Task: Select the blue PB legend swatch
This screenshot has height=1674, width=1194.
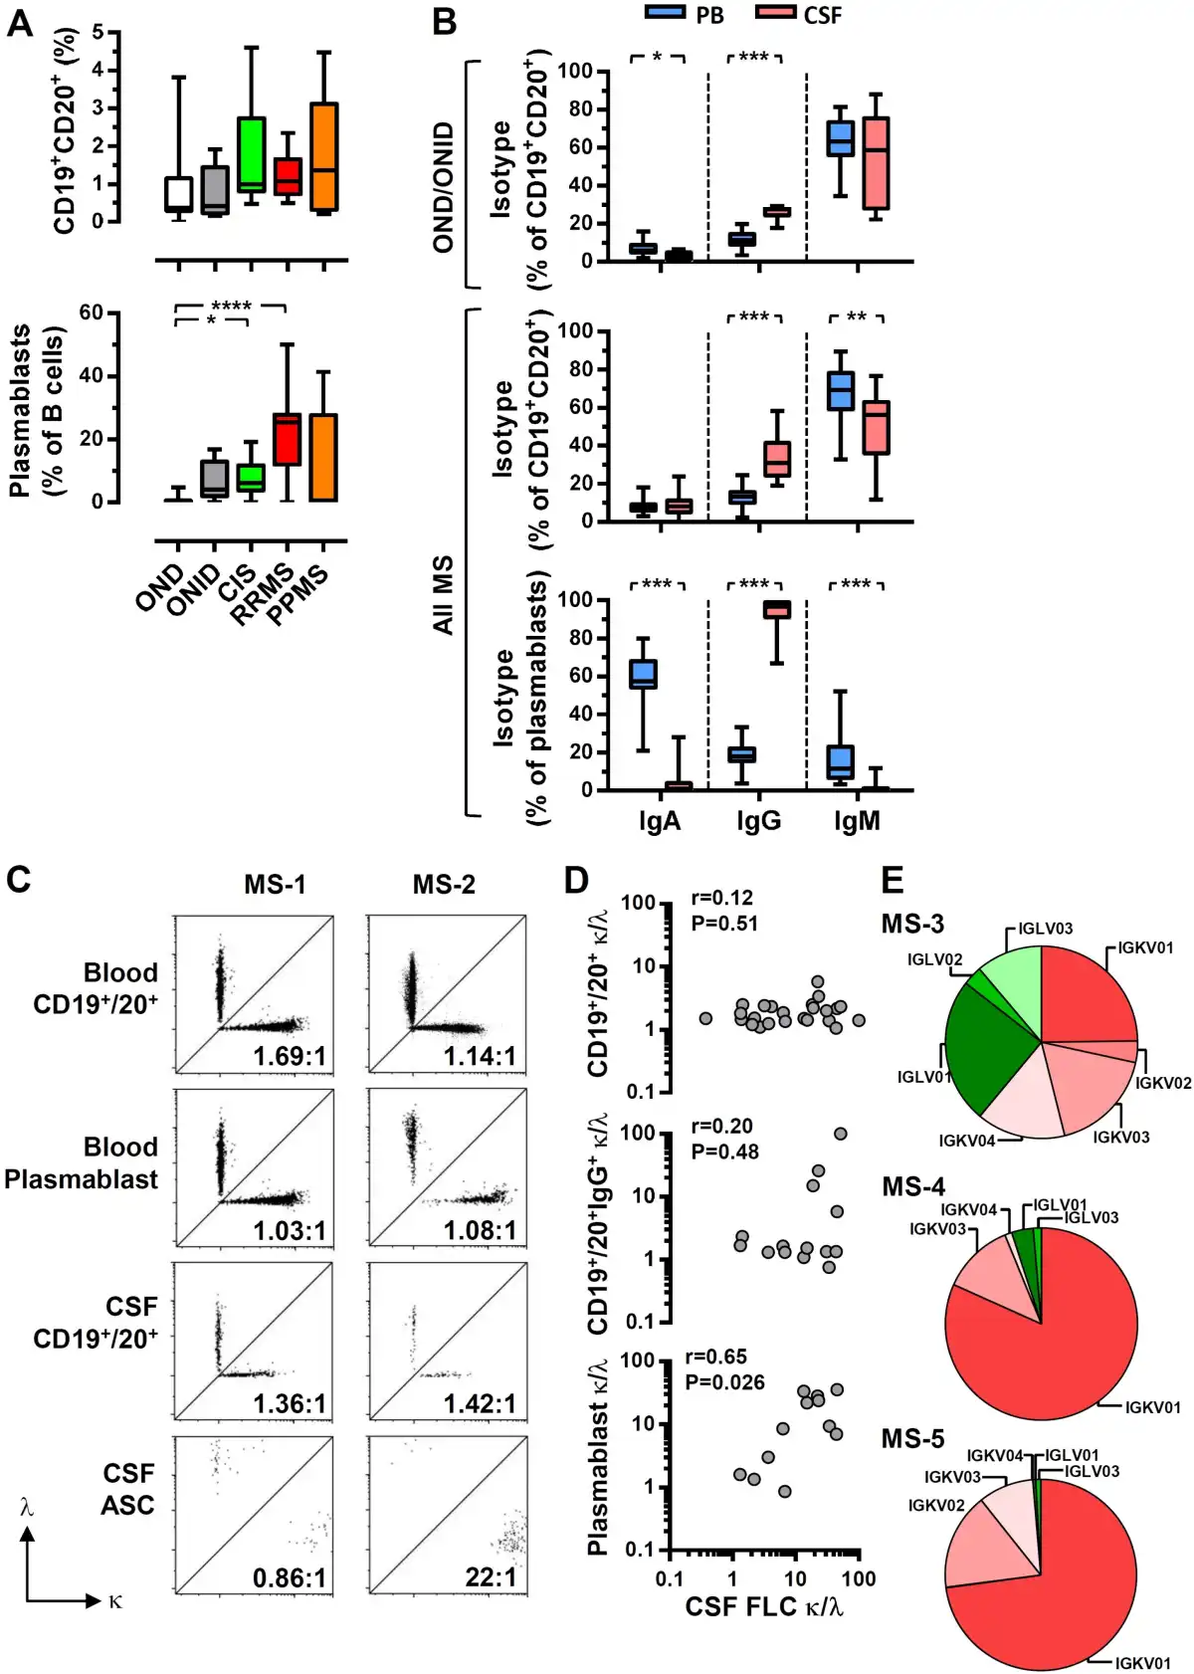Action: click(665, 13)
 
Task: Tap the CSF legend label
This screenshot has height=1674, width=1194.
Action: click(822, 15)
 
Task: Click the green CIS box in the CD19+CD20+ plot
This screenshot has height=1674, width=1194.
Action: click(251, 154)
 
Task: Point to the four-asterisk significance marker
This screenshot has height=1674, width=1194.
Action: click(231, 306)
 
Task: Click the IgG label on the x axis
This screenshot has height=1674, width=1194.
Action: click(758, 821)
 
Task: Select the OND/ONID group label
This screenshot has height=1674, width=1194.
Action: click(444, 187)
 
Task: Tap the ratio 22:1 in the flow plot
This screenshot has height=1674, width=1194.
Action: click(491, 1577)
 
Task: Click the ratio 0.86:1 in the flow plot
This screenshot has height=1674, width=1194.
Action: click(290, 1577)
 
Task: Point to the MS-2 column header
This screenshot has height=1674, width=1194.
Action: click(444, 884)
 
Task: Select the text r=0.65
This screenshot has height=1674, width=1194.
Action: click(715, 1357)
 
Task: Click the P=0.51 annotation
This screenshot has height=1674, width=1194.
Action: click(723, 923)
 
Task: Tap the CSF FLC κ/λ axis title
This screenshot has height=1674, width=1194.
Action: click(763, 1606)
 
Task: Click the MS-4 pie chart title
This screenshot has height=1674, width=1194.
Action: click(912, 1186)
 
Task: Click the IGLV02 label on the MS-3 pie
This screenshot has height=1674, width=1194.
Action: click(934, 960)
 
